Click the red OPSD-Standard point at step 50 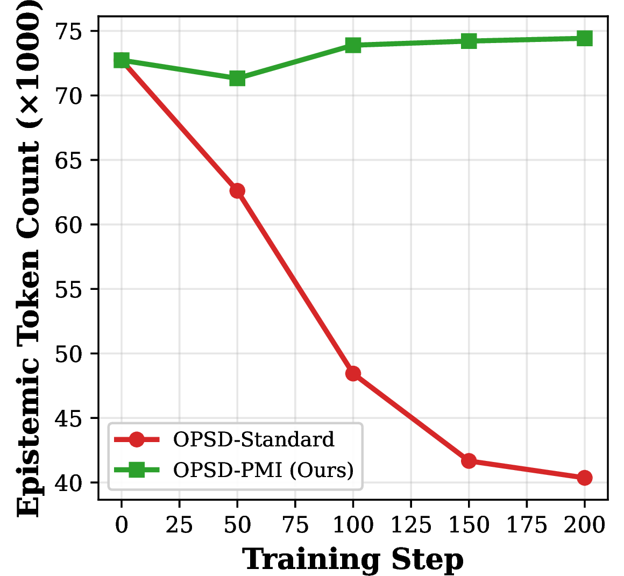tap(237, 191)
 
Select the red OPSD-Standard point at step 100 tap(353, 374)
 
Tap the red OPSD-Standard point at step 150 tap(469, 461)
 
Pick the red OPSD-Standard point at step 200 tap(585, 478)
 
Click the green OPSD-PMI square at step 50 tap(237, 79)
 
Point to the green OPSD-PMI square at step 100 tap(353, 45)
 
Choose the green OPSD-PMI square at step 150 tap(469, 40)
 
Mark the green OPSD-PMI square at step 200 tap(585, 39)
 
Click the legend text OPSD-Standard tap(254, 439)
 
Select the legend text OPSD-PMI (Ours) tap(264, 470)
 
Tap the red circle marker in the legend tap(137, 439)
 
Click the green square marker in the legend tap(137, 470)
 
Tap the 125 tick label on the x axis tap(411, 524)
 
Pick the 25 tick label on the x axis tap(180, 524)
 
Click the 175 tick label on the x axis tap(527, 524)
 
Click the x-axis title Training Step tap(353, 560)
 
